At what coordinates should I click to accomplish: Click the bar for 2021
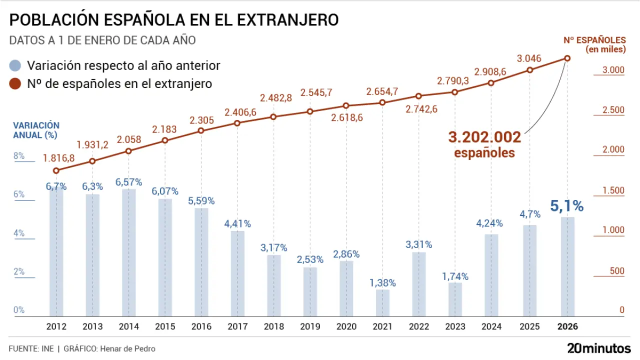(382, 303)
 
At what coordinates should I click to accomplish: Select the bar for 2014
(128, 252)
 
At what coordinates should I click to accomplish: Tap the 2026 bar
(567, 266)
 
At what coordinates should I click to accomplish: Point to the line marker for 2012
(56, 170)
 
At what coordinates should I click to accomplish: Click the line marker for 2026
(567, 58)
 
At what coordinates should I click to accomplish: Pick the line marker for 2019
(310, 111)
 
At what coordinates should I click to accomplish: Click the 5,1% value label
(567, 205)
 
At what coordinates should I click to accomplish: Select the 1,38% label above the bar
(382, 283)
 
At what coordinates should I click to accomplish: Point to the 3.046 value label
(529, 58)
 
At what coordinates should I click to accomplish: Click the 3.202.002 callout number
(484, 137)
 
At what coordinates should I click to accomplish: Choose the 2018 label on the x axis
(273, 326)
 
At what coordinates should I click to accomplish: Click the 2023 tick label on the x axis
(455, 326)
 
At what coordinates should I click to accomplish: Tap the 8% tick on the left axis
(19, 156)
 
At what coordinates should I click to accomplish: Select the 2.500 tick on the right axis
(613, 110)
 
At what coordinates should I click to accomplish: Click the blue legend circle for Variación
(16, 65)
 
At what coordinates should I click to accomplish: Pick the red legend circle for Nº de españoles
(16, 83)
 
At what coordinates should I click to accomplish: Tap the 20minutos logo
(598, 347)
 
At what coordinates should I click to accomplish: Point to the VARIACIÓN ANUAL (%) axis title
(36, 130)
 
